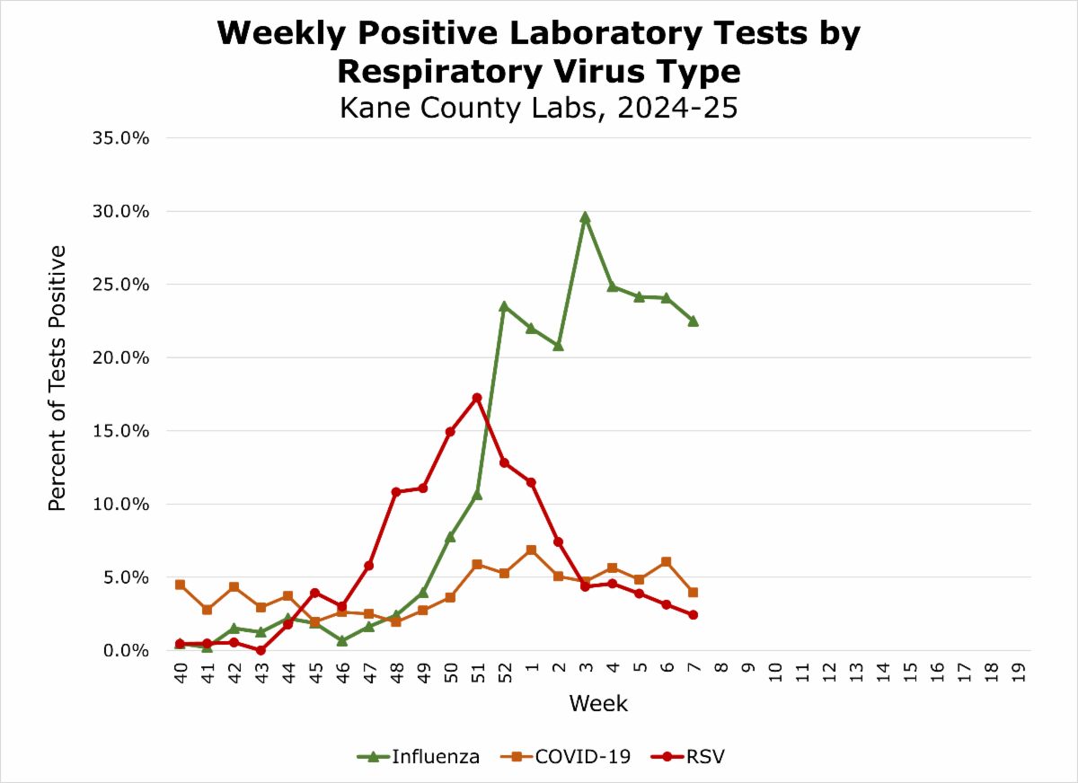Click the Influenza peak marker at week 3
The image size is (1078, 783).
click(585, 217)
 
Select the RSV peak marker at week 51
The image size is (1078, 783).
click(477, 398)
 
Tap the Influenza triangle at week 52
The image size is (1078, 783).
click(504, 306)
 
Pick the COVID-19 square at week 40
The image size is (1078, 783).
click(180, 585)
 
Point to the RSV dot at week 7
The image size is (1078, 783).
click(694, 615)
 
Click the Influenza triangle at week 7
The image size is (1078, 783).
click(694, 321)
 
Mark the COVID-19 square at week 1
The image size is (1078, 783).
click(531, 550)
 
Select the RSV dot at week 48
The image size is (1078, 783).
click(396, 492)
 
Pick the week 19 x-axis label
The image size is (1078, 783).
click(1018, 676)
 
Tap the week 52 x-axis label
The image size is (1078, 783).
click(504, 676)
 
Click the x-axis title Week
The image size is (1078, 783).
click(598, 703)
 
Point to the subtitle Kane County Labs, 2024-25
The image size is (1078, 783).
click(538, 107)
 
